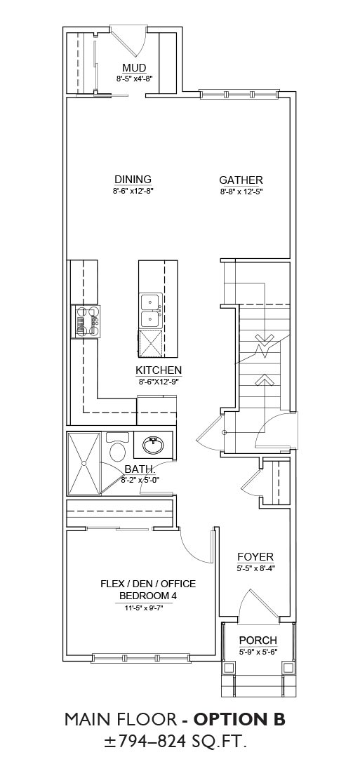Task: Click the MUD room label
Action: coord(134,67)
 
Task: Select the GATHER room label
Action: coord(241,180)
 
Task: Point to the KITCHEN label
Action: coord(159,370)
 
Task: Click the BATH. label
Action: coord(140,469)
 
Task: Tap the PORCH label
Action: coord(258,640)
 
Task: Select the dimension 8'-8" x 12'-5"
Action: coord(241,192)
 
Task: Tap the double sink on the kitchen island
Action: coord(150,311)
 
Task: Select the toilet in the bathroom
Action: coord(116,447)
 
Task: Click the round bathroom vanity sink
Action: coord(153,445)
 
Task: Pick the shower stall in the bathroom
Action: coord(85,462)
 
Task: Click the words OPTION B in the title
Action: coord(239,720)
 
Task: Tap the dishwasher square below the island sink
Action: coord(151,344)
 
